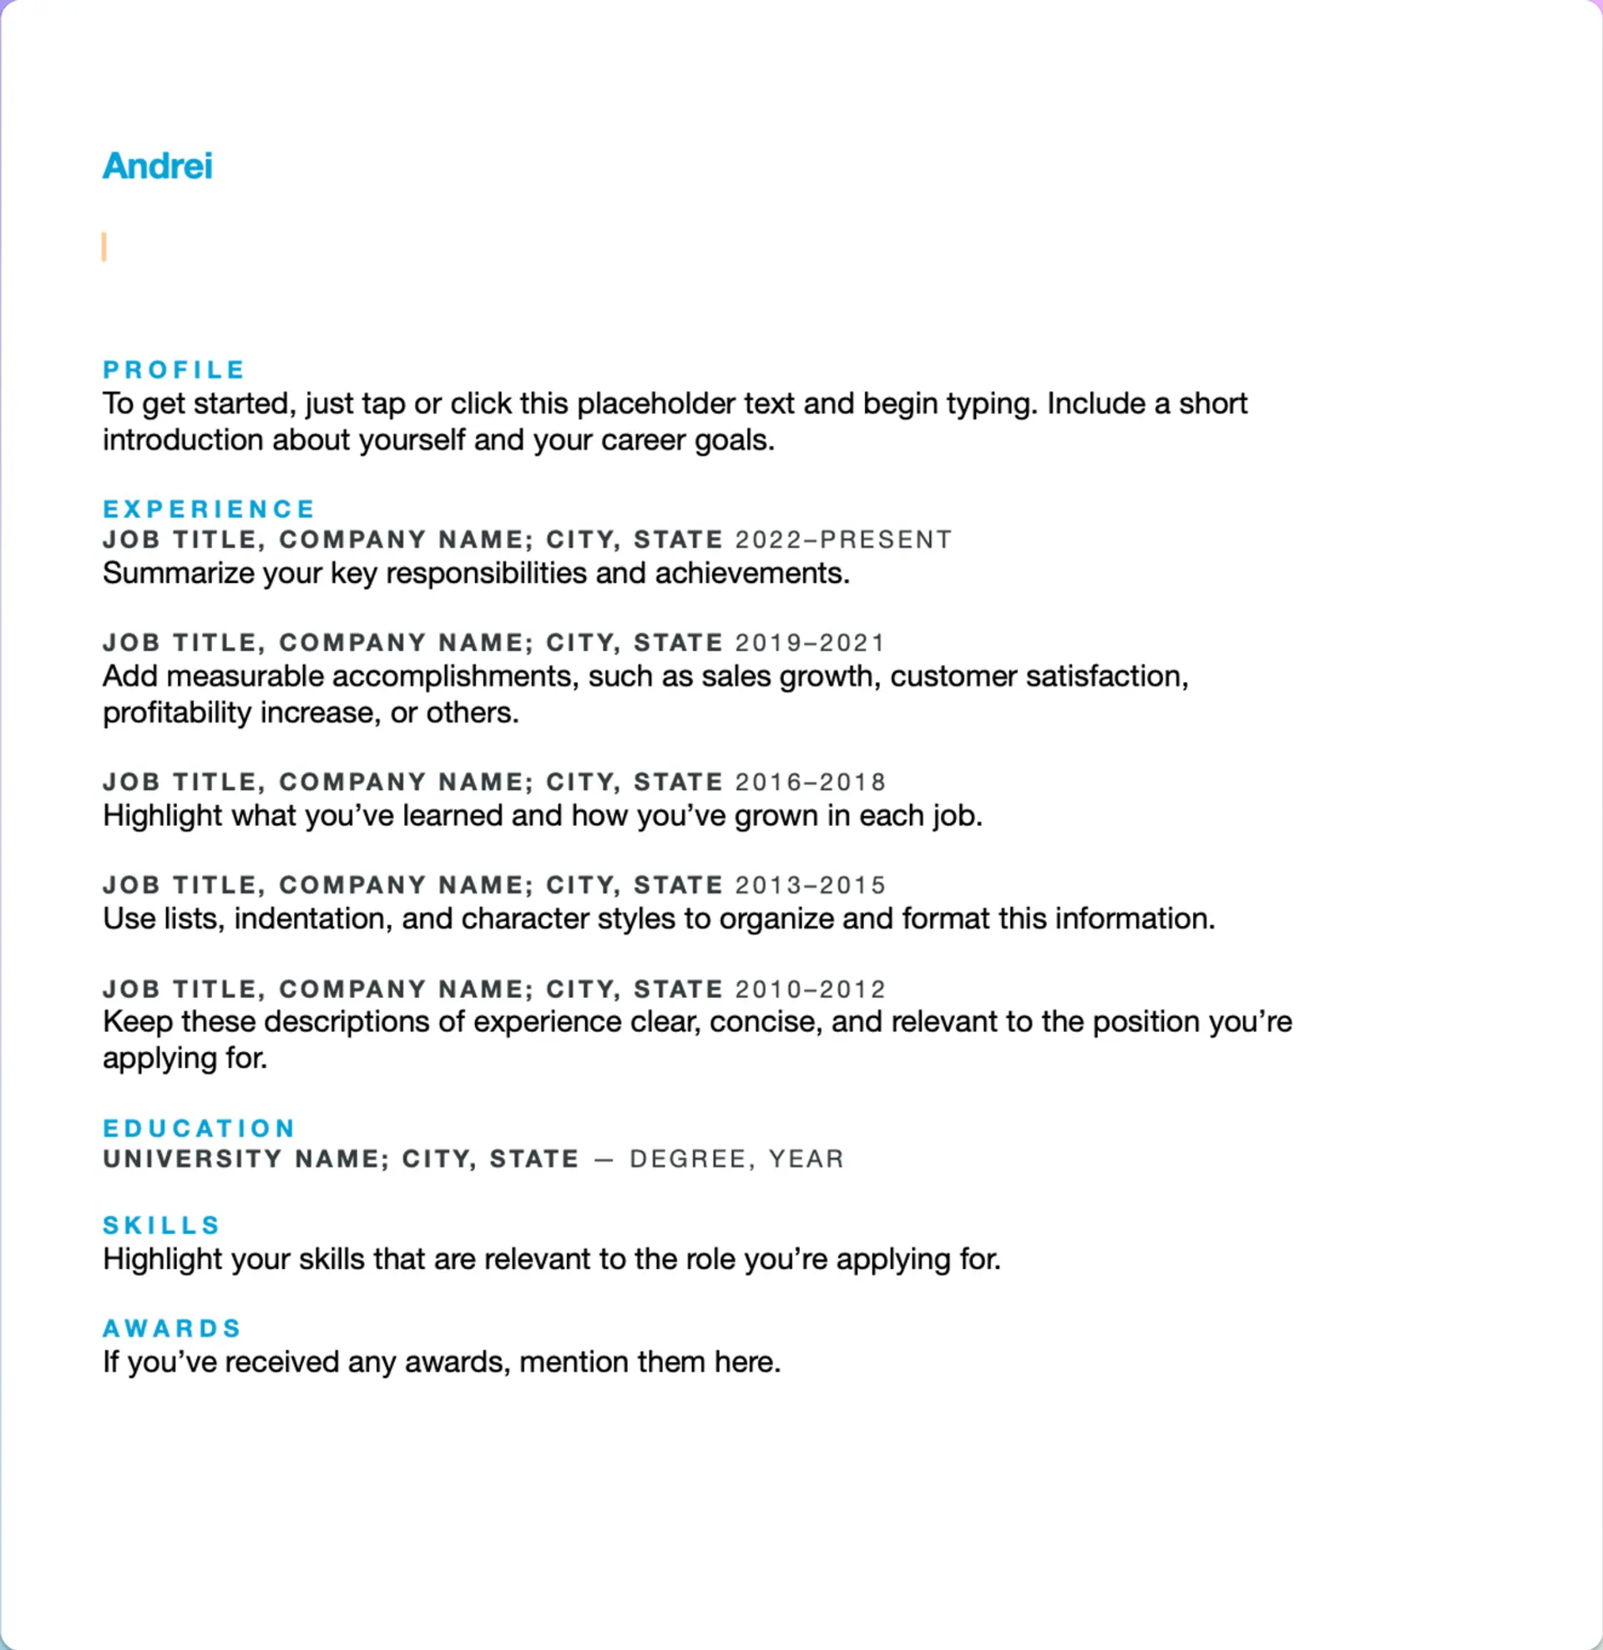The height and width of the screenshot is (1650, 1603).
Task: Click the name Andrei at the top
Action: (158, 166)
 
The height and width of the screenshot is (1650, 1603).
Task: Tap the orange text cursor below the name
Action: (104, 246)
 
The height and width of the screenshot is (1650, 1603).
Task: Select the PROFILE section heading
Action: (174, 370)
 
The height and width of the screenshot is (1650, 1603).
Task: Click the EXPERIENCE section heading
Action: (209, 509)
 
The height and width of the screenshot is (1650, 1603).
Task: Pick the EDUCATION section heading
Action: (199, 1128)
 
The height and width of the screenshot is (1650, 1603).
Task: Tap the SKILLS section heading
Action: (162, 1225)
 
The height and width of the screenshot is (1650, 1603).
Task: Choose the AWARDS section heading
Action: (173, 1329)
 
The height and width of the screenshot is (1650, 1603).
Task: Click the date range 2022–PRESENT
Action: (843, 539)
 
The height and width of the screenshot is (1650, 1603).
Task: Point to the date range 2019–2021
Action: (810, 643)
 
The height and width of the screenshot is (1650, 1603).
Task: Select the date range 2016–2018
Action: (810, 782)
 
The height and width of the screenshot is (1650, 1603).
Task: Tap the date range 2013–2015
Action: (810, 885)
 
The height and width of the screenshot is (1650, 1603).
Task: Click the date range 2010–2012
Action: (810, 989)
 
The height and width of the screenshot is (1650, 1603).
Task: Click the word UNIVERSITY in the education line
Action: (192, 1159)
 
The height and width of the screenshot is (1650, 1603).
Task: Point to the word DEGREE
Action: (687, 1159)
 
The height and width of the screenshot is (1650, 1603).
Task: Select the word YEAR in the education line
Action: (806, 1159)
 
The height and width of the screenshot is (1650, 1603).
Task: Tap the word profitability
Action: (177, 713)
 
